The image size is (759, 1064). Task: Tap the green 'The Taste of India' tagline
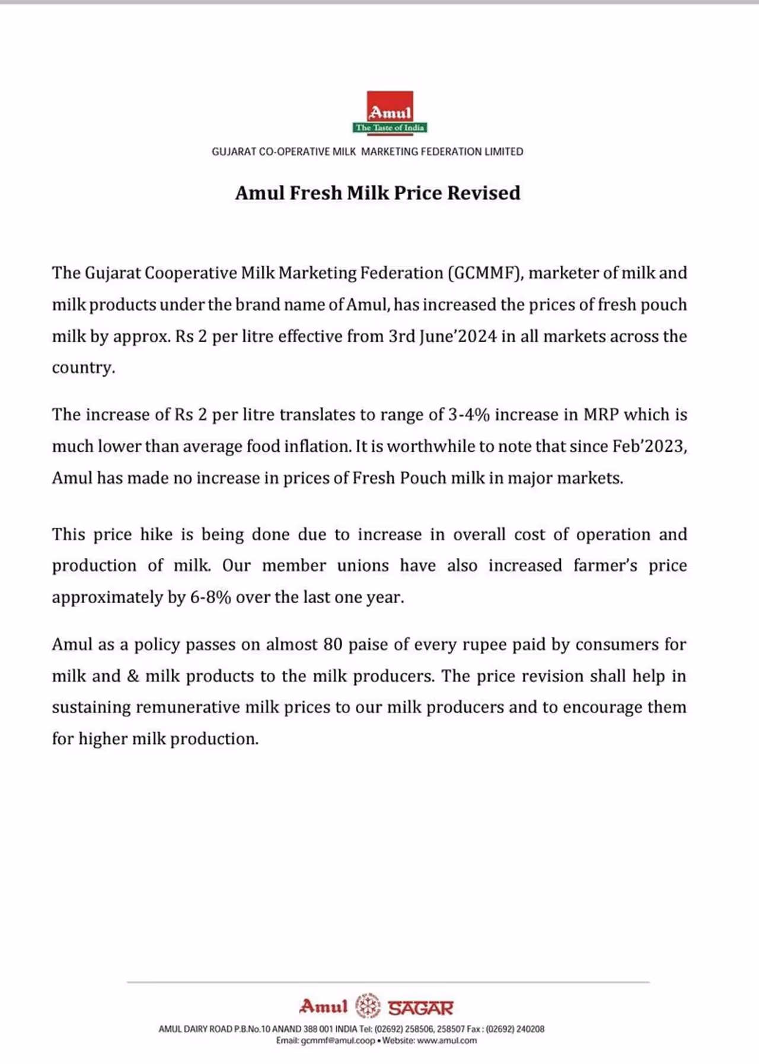point(390,128)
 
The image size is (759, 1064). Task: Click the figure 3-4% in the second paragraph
point(468,414)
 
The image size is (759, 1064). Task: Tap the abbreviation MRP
point(601,414)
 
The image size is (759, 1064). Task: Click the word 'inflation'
point(317,446)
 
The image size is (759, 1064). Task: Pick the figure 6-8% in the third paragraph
point(211,597)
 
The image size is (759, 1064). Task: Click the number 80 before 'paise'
point(333,645)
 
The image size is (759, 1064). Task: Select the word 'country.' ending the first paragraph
point(84,368)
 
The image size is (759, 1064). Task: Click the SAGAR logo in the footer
point(420,1008)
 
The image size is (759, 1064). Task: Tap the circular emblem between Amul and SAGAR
point(368,1006)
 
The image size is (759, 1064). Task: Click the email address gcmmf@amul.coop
point(338,1041)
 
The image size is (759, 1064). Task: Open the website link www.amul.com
point(447,1041)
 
